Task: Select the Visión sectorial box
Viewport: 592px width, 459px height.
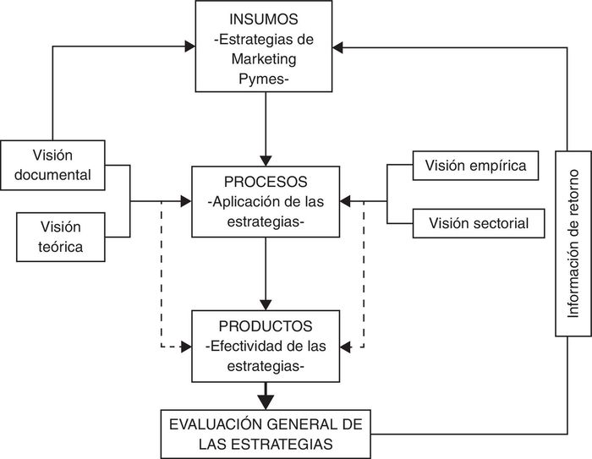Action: [x=479, y=224]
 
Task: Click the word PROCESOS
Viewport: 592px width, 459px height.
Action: [x=266, y=183]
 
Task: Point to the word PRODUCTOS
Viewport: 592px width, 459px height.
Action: [x=266, y=326]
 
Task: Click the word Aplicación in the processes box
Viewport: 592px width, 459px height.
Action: [x=246, y=203]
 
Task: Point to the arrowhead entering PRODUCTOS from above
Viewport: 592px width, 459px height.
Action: [x=266, y=303]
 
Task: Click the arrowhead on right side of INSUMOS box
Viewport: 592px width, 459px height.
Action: [x=339, y=48]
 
